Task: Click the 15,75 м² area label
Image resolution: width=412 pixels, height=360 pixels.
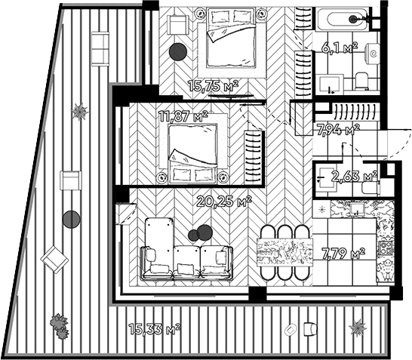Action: click(213, 86)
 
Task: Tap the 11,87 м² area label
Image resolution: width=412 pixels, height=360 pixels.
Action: click(183, 116)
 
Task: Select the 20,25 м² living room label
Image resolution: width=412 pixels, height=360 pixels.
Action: click(224, 202)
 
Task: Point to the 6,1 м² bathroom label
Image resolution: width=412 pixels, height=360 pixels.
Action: click(340, 48)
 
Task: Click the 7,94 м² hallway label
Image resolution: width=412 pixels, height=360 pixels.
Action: click(338, 130)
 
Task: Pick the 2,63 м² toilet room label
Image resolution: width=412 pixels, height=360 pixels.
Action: click(354, 176)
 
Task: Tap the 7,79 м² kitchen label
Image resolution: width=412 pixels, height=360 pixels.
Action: click(343, 254)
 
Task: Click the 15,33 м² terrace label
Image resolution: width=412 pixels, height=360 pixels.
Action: click(154, 329)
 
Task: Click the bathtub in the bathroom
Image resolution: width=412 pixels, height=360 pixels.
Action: click(342, 19)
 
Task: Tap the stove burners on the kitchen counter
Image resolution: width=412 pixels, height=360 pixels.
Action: click(386, 248)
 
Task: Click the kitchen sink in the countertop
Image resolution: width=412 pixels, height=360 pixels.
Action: click(357, 209)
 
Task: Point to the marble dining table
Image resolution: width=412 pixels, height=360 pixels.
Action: click(284, 252)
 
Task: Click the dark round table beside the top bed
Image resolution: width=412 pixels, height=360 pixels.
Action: click(178, 52)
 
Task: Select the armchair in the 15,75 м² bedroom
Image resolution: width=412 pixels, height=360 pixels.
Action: click(178, 25)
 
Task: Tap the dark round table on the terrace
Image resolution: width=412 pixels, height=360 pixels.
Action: click(72, 220)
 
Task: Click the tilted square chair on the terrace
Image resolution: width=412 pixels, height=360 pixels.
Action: click(54, 260)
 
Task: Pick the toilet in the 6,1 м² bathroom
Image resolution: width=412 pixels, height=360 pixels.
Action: click(361, 82)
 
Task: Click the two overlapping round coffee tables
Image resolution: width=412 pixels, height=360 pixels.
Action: click(201, 233)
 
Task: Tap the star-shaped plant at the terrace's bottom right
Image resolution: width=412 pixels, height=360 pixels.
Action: click(358, 328)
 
